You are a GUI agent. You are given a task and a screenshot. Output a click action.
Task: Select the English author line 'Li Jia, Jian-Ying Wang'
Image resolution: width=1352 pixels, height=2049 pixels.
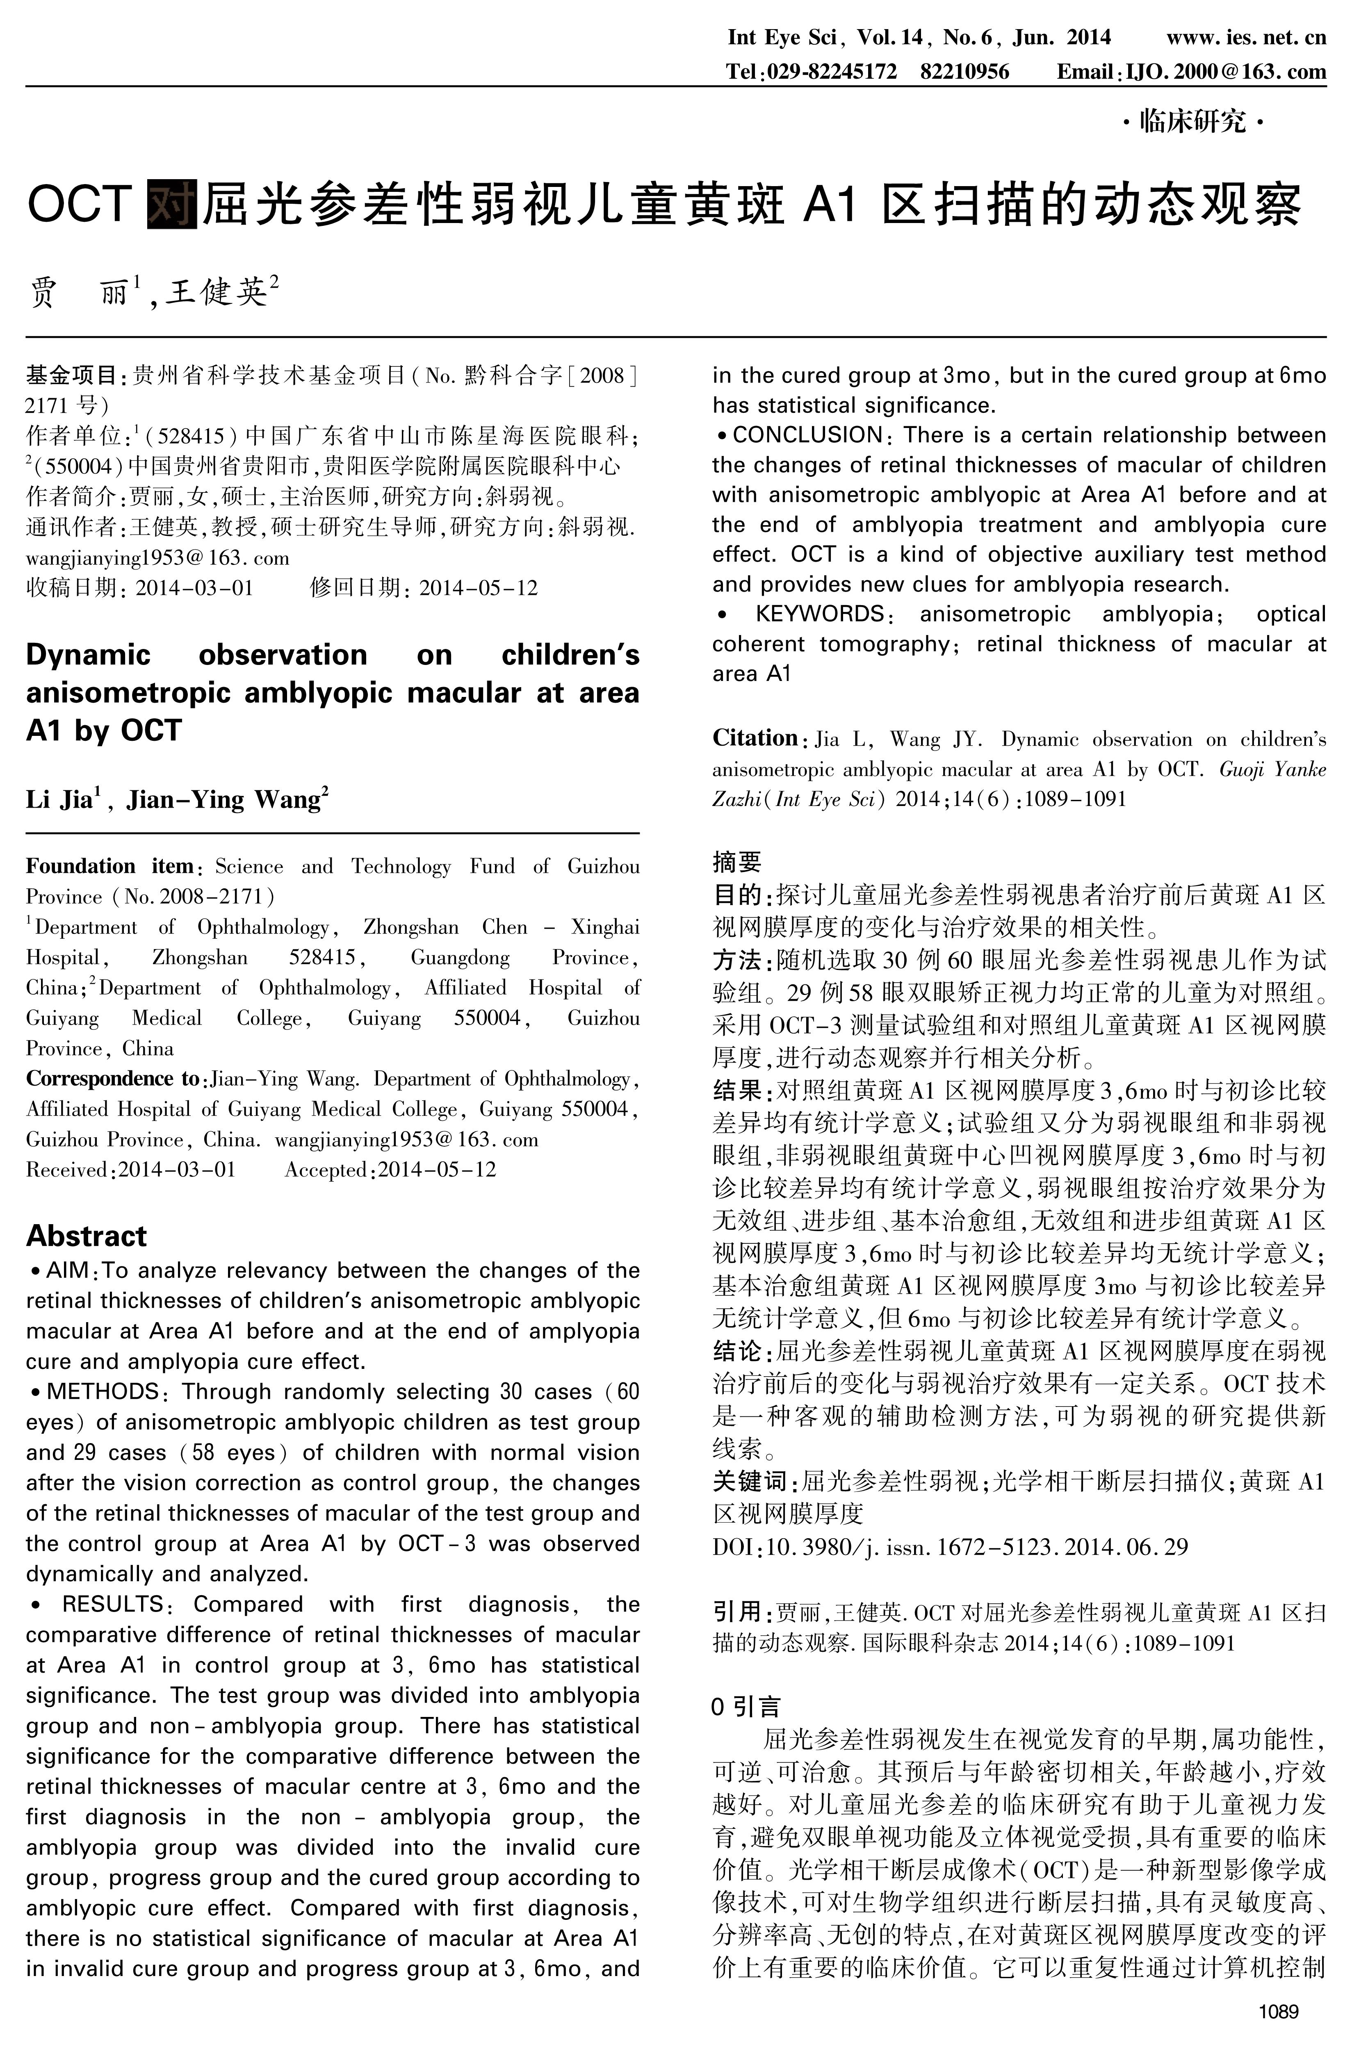(x=177, y=800)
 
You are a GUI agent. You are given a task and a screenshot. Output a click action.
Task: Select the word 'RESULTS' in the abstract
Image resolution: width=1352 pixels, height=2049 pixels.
(x=112, y=1604)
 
